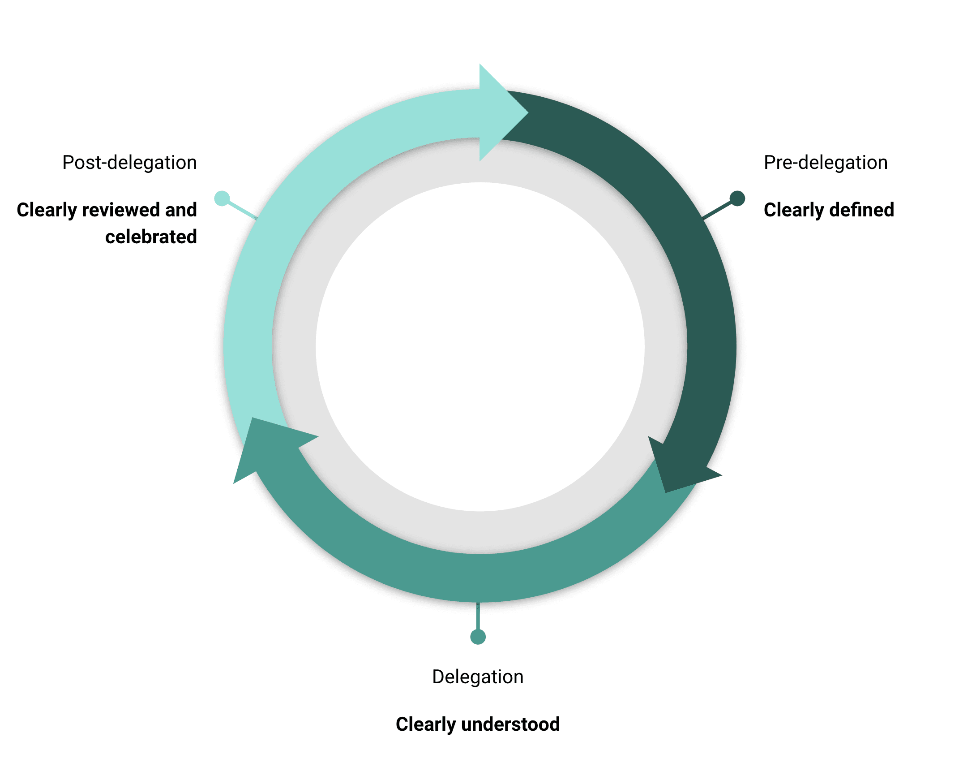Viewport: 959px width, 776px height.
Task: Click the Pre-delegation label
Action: pyautogui.click(x=825, y=163)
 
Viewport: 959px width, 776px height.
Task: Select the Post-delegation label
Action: pyautogui.click(x=129, y=163)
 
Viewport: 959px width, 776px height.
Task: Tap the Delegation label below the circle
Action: pyautogui.click(x=478, y=677)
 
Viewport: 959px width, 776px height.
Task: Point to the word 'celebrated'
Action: pyautogui.click(x=151, y=237)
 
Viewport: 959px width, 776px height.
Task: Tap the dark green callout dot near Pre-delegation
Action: pyautogui.click(x=737, y=198)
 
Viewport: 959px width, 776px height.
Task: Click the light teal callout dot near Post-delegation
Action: pyautogui.click(x=222, y=198)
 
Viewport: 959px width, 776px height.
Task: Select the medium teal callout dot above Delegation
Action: pyautogui.click(x=478, y=637)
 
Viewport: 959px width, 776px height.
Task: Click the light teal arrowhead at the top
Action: pyautogui.click(x=499, y=112)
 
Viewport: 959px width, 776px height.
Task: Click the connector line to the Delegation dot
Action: pyautogui.click(x=478, y=616)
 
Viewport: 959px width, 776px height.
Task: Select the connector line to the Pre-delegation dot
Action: pyautogui.click(x=717, y=210)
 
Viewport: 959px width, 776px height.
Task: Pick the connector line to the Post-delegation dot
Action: pyautogui.click(x=242, y=210)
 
